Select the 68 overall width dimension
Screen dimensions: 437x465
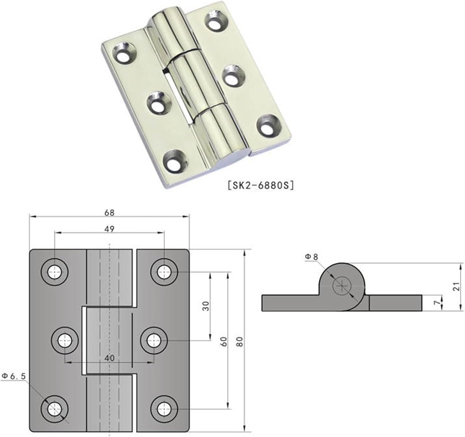tap(109, 213)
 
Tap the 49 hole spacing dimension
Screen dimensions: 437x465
tap(109, 229)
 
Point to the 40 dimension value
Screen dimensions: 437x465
tap(109, 358)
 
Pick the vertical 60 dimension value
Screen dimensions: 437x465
tap(224, 341)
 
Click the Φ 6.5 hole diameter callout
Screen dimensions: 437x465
tap(14, 376)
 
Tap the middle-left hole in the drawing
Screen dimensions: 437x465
tap(64, 341)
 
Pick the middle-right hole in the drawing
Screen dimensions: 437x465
tap(154, 341)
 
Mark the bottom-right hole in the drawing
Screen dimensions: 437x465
tap(164, 409)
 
